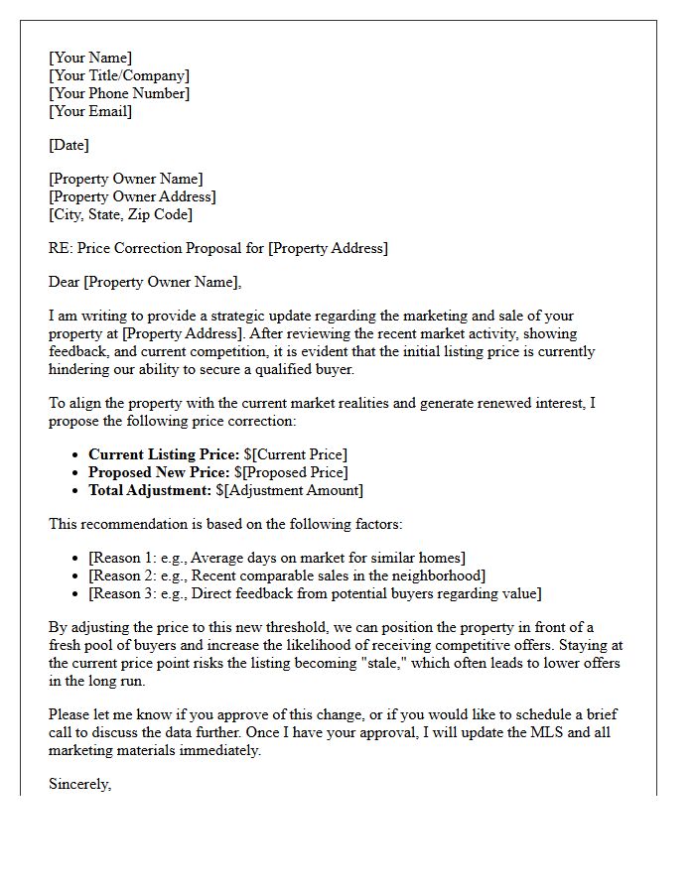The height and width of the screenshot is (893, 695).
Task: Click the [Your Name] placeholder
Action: (90, 58)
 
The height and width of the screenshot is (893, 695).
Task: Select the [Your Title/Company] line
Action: (119, 75)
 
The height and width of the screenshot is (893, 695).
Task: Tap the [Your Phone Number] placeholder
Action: (119, 93)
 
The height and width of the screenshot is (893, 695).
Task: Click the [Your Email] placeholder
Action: (90, 111)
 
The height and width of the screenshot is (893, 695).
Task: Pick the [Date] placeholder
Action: (69, 145)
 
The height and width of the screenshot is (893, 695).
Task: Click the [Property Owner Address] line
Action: (132, 196)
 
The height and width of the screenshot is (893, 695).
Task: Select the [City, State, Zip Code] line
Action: (120, 214)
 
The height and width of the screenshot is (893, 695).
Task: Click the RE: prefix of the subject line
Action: (61, 248)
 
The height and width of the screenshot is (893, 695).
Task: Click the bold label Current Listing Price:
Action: (164, 454)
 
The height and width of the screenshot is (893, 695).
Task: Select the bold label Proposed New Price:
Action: (159, 472)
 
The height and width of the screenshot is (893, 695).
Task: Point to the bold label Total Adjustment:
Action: (150, 490)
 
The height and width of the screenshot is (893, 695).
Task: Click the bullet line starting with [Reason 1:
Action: (277, 558)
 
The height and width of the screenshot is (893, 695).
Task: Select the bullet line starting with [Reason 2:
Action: (287, 575)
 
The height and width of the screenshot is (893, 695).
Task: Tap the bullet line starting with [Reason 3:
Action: (315, 593)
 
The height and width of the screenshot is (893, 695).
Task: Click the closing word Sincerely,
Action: (79, 784)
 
